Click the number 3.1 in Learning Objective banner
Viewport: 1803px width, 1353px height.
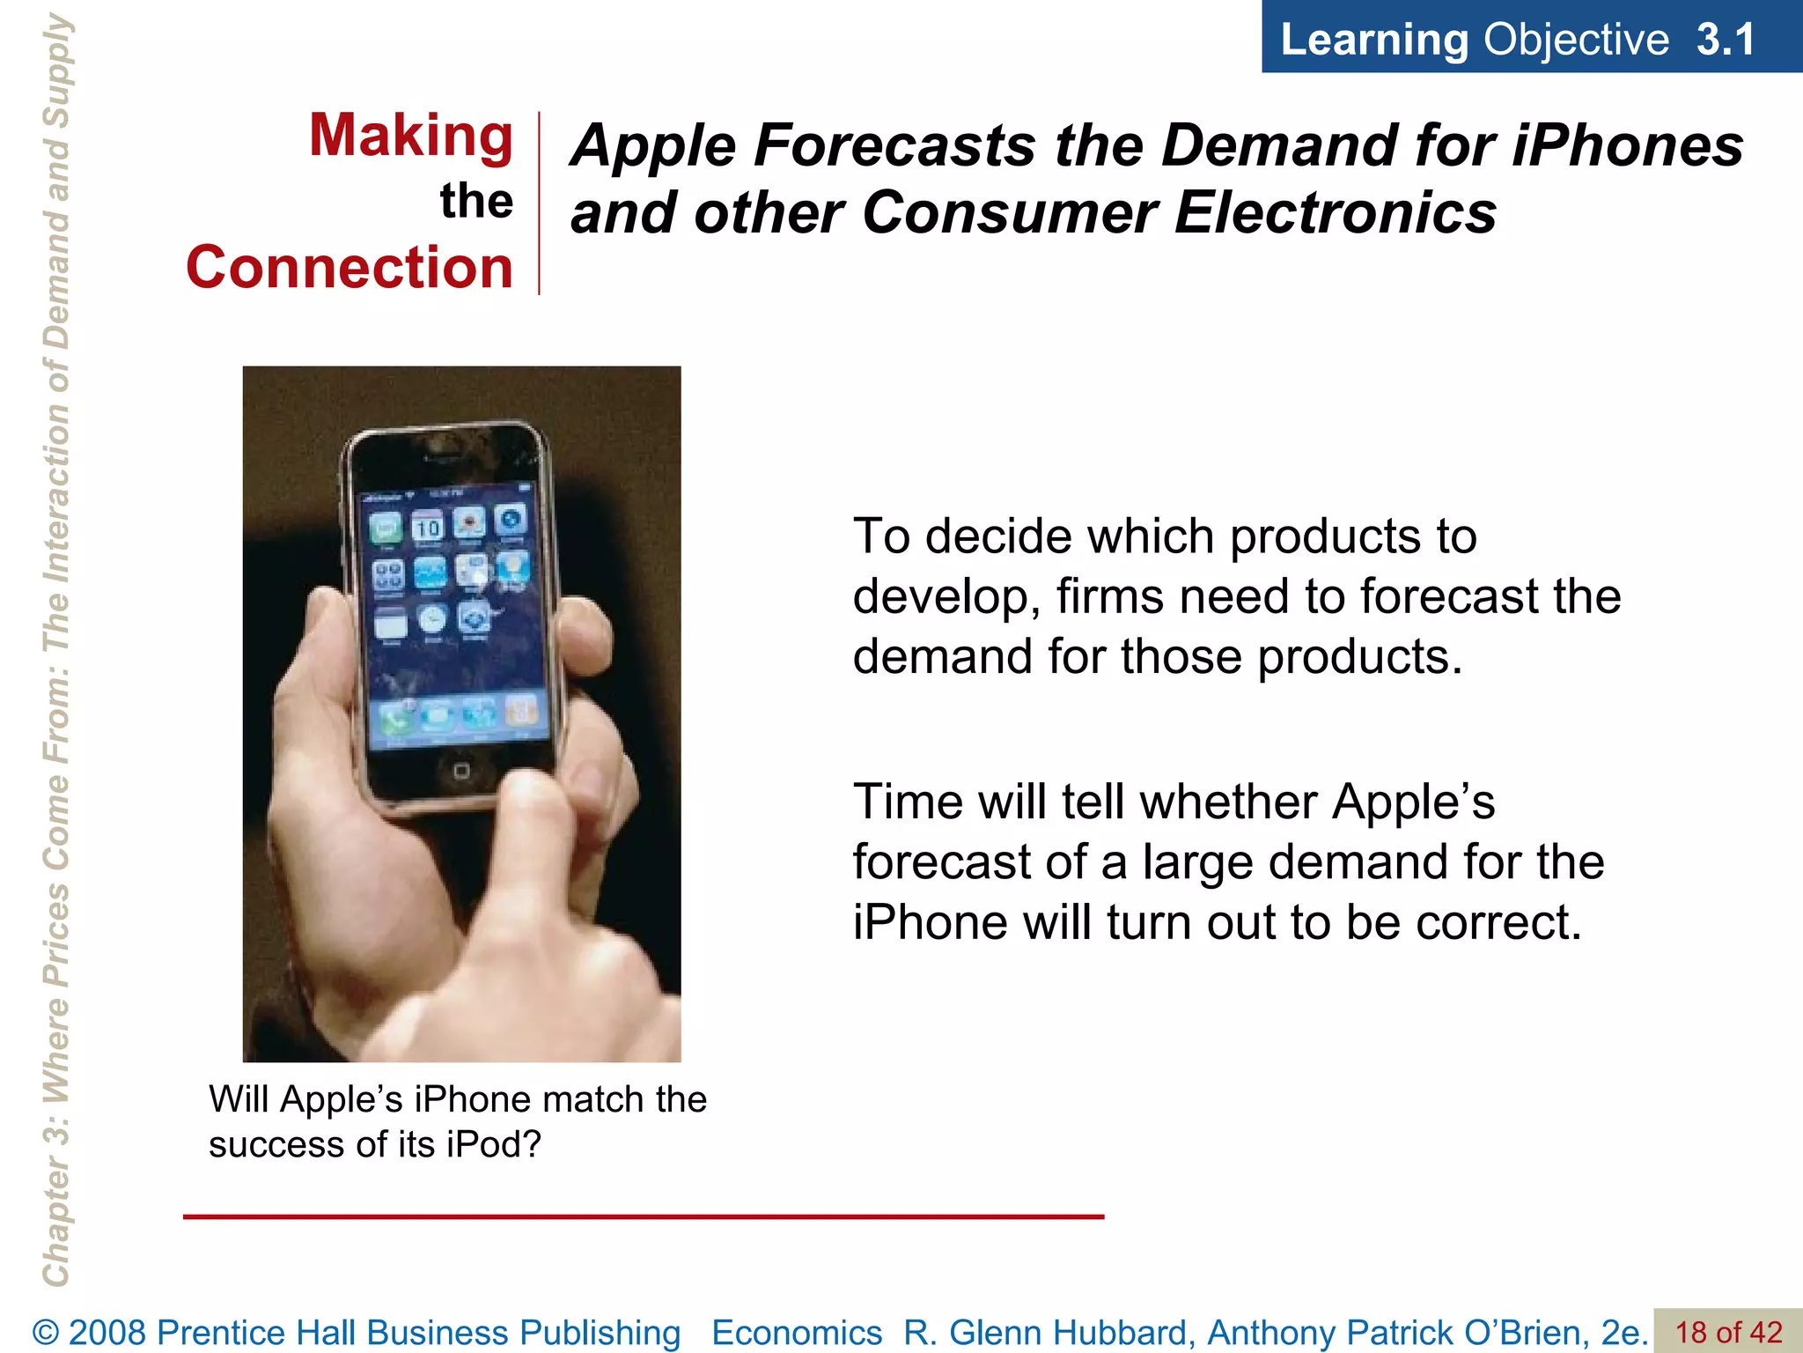[x=1725, y=40]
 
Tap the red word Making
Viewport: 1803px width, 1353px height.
[x=410, y=137]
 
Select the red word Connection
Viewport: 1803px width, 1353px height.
[x=349, y=267]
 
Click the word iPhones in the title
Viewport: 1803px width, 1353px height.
[x=1627, y=144]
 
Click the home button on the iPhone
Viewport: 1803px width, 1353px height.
[x=461, y=772]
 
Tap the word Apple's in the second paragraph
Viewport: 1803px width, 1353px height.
[x=1412, y=802]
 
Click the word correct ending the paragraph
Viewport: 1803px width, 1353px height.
[x=1498, y=922]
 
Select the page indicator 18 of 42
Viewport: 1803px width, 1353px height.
[x=1727, y=1332]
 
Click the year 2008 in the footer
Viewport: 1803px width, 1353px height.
[x=108, y=1332]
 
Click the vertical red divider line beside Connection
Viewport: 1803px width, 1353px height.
[x=539, y=203]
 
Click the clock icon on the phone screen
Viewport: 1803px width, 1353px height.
[x=431, y=619]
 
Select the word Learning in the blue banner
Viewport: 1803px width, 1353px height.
[x=1373, y=40]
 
